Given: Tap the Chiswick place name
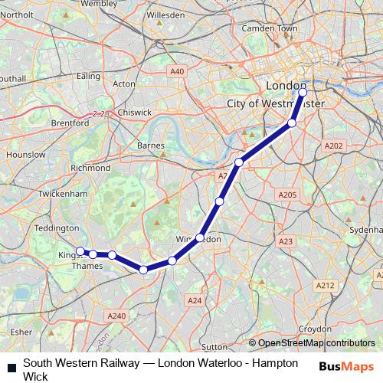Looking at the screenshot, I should (135, 112).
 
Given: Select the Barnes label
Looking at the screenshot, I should (151, 145).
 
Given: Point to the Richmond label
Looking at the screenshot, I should (90, 167).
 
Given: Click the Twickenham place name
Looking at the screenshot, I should (64, 195).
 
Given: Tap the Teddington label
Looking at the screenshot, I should (57, 228).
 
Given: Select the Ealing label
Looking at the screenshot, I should (89, 76).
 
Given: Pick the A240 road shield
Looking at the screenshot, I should (116, 316).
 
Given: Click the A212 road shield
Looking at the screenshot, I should (326, 285).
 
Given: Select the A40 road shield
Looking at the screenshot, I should (178, 71).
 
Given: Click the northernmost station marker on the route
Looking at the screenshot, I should (303, 93).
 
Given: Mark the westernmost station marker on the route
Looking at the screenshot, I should (80, 251).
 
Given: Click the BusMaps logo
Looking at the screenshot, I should (347, 366).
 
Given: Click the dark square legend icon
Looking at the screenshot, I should (11, 366).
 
